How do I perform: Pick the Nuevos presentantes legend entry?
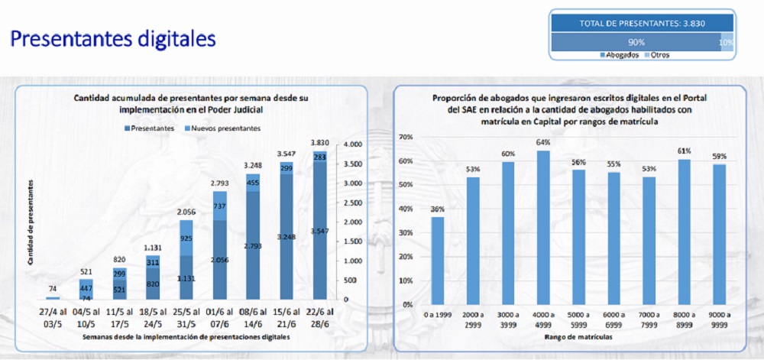coord(222,128)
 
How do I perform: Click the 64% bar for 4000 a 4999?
coord(543,227)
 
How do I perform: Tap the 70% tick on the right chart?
coord(406,137)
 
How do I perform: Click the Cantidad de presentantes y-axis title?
coord(31,222)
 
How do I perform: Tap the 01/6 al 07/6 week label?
coord(219,318)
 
